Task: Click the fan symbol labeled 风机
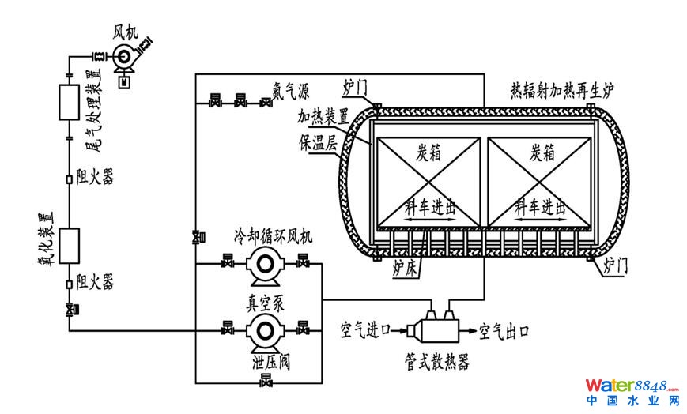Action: (x=125, y=55)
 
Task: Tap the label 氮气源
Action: (x=291, y=89)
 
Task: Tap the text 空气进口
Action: (x=365, y=326)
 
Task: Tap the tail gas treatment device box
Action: (x=69, y=103)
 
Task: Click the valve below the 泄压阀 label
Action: (x=265, y=383)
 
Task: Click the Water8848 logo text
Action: (x=629, y=386)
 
